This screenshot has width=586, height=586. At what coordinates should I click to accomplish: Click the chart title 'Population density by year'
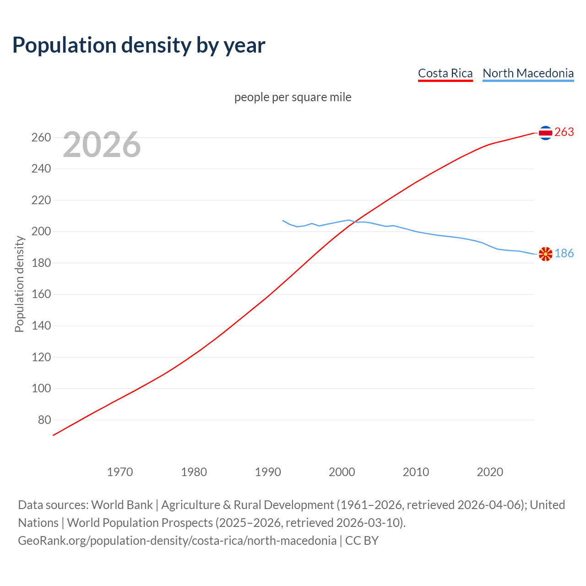139,45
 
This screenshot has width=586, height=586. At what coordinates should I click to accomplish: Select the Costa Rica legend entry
445,73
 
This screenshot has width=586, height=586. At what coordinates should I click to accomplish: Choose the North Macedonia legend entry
528,73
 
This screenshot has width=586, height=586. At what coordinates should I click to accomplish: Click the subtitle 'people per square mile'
293,97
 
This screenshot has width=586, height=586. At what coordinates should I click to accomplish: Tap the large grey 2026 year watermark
102,145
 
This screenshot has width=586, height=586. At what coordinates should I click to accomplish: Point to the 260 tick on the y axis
41,137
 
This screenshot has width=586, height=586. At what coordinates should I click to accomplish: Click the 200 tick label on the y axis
41,232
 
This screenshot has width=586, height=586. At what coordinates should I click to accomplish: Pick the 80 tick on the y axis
44,420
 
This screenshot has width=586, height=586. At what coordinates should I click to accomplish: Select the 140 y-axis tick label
41,326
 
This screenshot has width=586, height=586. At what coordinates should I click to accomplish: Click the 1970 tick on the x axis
120,472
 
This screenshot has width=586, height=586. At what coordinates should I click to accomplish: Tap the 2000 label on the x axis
342,472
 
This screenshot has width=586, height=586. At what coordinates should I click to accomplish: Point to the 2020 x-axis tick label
490,472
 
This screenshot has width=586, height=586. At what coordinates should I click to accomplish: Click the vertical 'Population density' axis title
19,284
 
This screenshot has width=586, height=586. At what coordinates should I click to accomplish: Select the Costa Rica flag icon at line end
545,133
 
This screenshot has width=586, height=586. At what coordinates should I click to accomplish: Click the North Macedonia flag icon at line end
545,254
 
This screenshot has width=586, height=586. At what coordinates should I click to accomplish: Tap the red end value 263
564,132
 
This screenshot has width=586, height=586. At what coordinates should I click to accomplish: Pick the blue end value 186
564,253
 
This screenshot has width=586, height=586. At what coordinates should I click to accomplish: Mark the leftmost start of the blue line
282,220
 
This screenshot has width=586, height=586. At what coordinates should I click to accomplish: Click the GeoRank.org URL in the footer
177,540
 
